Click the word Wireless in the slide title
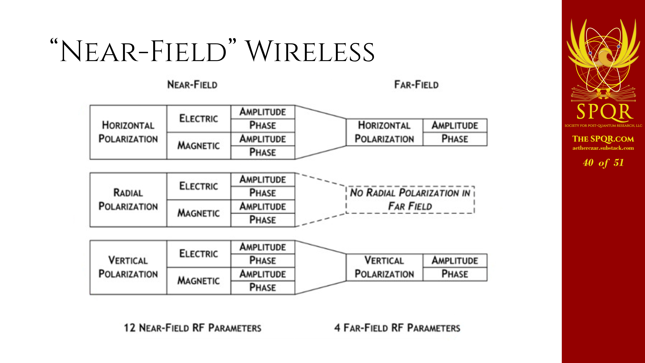click(x=310, y=51)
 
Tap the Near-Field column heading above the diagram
click(x=192, y=85)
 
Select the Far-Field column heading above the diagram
click(x=416, y=85)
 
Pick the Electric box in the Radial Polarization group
click(x=198, y=186)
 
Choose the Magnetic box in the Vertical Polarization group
click(x=198, y=281)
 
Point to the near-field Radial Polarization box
click(x=128, y=200)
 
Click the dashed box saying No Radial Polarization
click(x=410, y=200)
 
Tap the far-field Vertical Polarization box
click(x=384, y=267)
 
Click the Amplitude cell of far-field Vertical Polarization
click(x=455, y=261)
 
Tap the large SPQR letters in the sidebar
click(x=603, y=112)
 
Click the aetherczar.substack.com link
click(x=603, y=148)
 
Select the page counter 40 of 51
click(x=603, y=163)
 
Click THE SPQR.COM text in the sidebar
click(x=603, y=139)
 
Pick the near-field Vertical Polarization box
click(x=128, y=267)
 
